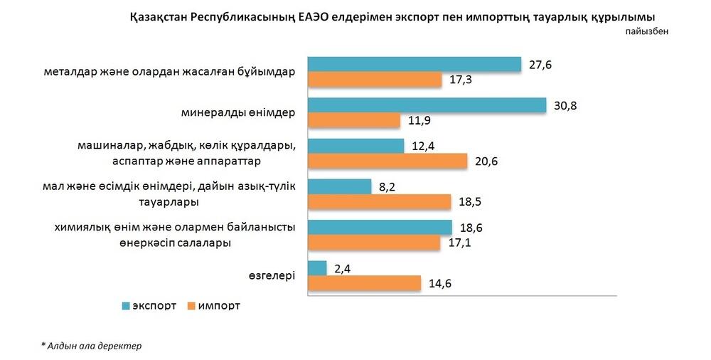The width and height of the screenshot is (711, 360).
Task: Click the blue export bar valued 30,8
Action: click(x=427, y=105)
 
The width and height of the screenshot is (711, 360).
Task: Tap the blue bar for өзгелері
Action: click(x=317, y=268)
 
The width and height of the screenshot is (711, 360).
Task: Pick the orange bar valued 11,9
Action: click(x=354, y=121)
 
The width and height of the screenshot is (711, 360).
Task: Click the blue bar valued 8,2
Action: click(x=339, y=186)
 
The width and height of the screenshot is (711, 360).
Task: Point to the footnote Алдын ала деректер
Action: click(x=92, y=346)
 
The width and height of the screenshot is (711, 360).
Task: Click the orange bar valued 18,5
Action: click(x=380, y=202)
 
